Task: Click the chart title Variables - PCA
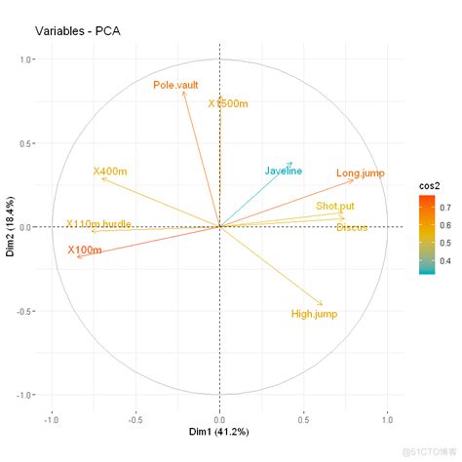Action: [x=77, y=30]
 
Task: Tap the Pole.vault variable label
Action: [x=176, y=86]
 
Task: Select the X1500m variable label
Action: [x=231, y=103]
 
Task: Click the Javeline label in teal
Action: [x=284, y=172]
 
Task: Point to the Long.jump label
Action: [x=360, y=173]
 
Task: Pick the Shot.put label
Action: [x=335, y=207]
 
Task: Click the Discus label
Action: [x=352, y=228]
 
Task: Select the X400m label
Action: [x=110, y=172]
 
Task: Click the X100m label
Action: [x=85, y=250]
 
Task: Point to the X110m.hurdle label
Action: [x=98, y=224]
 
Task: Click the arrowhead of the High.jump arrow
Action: [x=322, y=304]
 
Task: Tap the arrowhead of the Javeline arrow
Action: [x=290, y=164]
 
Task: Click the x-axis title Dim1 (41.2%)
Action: [x=219, y=431]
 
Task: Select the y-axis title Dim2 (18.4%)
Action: [x=11, y=227]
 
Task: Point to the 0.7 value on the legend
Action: [x=446, y=207]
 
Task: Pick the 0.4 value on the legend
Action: [x=446, y=260]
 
